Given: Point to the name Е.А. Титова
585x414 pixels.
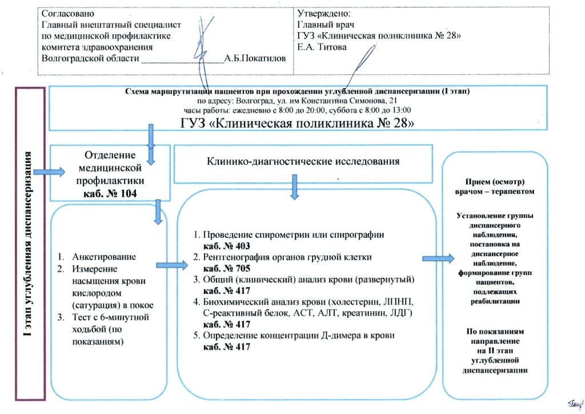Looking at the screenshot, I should tap(322, 47).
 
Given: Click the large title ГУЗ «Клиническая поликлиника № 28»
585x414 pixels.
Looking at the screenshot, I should tap(297, 123).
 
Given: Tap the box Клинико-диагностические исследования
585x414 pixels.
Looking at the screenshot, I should tap(303, 161).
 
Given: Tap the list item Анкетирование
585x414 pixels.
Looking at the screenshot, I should tap(104, 256).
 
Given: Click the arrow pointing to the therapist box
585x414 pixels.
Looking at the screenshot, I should tap(438, 258).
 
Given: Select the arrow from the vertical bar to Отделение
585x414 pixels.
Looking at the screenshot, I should tap(50, 171).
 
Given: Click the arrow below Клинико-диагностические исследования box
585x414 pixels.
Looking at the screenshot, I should tap(294, 187).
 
